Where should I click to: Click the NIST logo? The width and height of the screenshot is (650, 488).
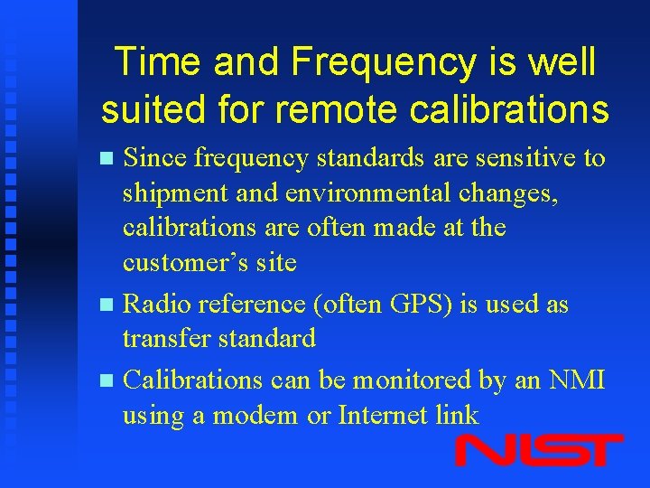click(x=539, y=450)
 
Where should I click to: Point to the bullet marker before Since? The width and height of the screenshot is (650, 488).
click(x=107, y=159)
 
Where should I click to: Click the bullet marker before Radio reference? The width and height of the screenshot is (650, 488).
click(x=107, y=305)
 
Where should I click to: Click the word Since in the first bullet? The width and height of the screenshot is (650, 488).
click(x=155, y=158)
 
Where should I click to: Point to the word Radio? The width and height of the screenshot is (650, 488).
click(x=154, y=305)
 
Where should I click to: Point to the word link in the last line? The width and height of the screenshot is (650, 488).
click(x=458, y=416)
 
